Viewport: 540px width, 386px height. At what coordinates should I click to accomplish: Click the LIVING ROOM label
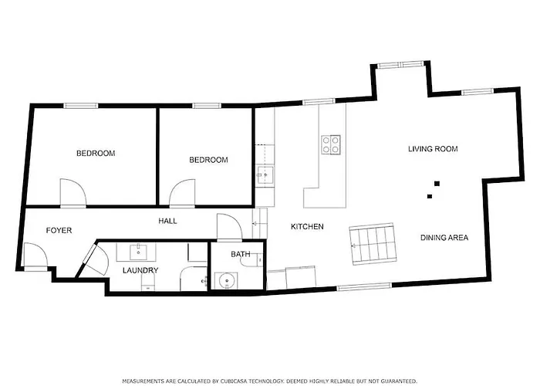[x=433, y=149]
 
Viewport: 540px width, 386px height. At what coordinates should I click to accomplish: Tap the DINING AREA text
[x=444, y=238]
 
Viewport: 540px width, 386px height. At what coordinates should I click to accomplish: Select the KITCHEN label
[x=306, y=227]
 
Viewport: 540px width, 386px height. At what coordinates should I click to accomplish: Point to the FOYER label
[x=59, y=231]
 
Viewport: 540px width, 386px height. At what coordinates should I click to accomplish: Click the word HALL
[x=167, y=221]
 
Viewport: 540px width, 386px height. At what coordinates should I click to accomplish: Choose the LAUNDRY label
[x=140, y=270]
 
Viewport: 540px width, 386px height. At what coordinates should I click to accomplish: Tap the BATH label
[x=240, y=254]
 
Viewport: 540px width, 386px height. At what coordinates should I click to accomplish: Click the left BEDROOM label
[x=95, y=154]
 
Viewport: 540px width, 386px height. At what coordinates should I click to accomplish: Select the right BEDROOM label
[x=208, y=160]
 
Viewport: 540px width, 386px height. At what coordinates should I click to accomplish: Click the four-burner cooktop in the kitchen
[x=331, y=144]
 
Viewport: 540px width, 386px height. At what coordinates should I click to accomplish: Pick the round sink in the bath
[x=226, y=279]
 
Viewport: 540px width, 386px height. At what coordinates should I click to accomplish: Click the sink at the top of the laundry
[x=139, y=251]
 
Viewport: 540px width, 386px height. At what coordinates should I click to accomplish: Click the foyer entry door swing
[x=34, y=255]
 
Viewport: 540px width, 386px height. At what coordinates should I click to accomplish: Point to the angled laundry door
[x=95, y=261]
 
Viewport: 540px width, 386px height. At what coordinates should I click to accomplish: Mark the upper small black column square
[x=437, y=184]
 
